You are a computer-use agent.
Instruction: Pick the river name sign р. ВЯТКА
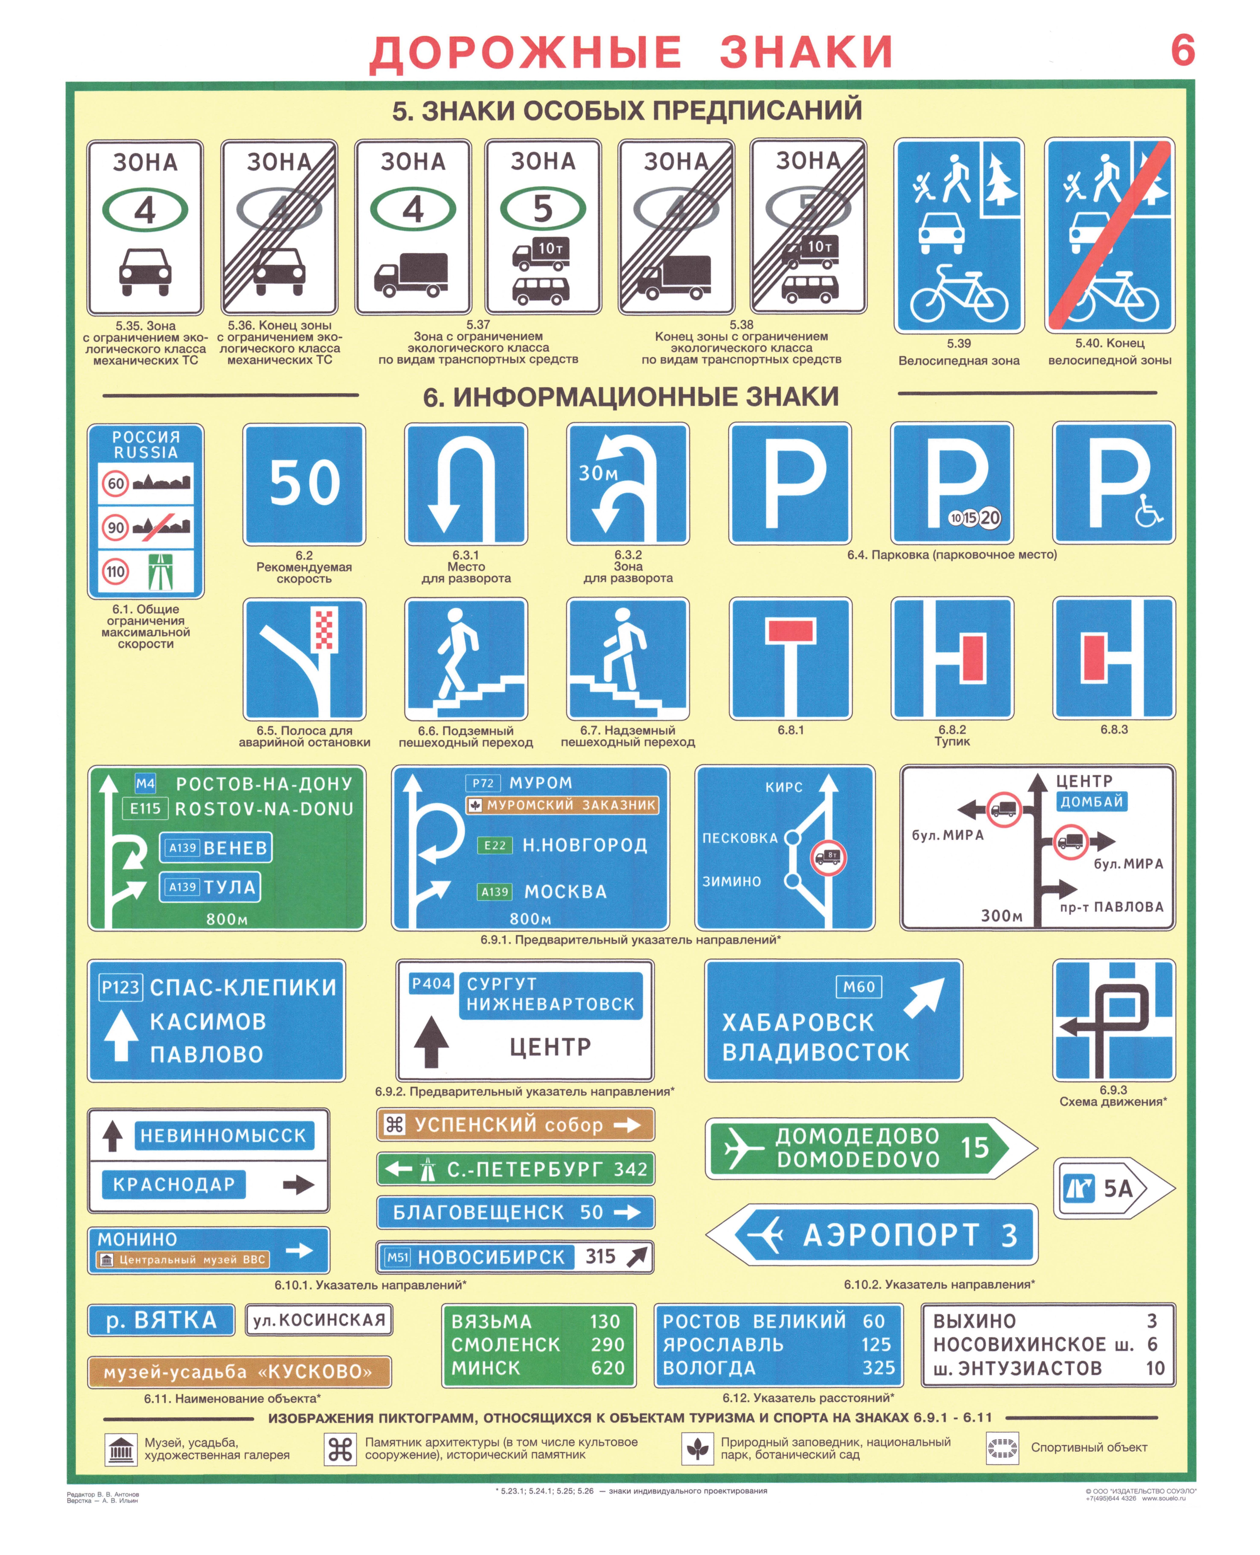coord(161,1320)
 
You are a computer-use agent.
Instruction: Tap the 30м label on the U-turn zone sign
coord(598,473)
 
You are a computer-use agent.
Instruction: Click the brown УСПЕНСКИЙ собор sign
coord(515,1125)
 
